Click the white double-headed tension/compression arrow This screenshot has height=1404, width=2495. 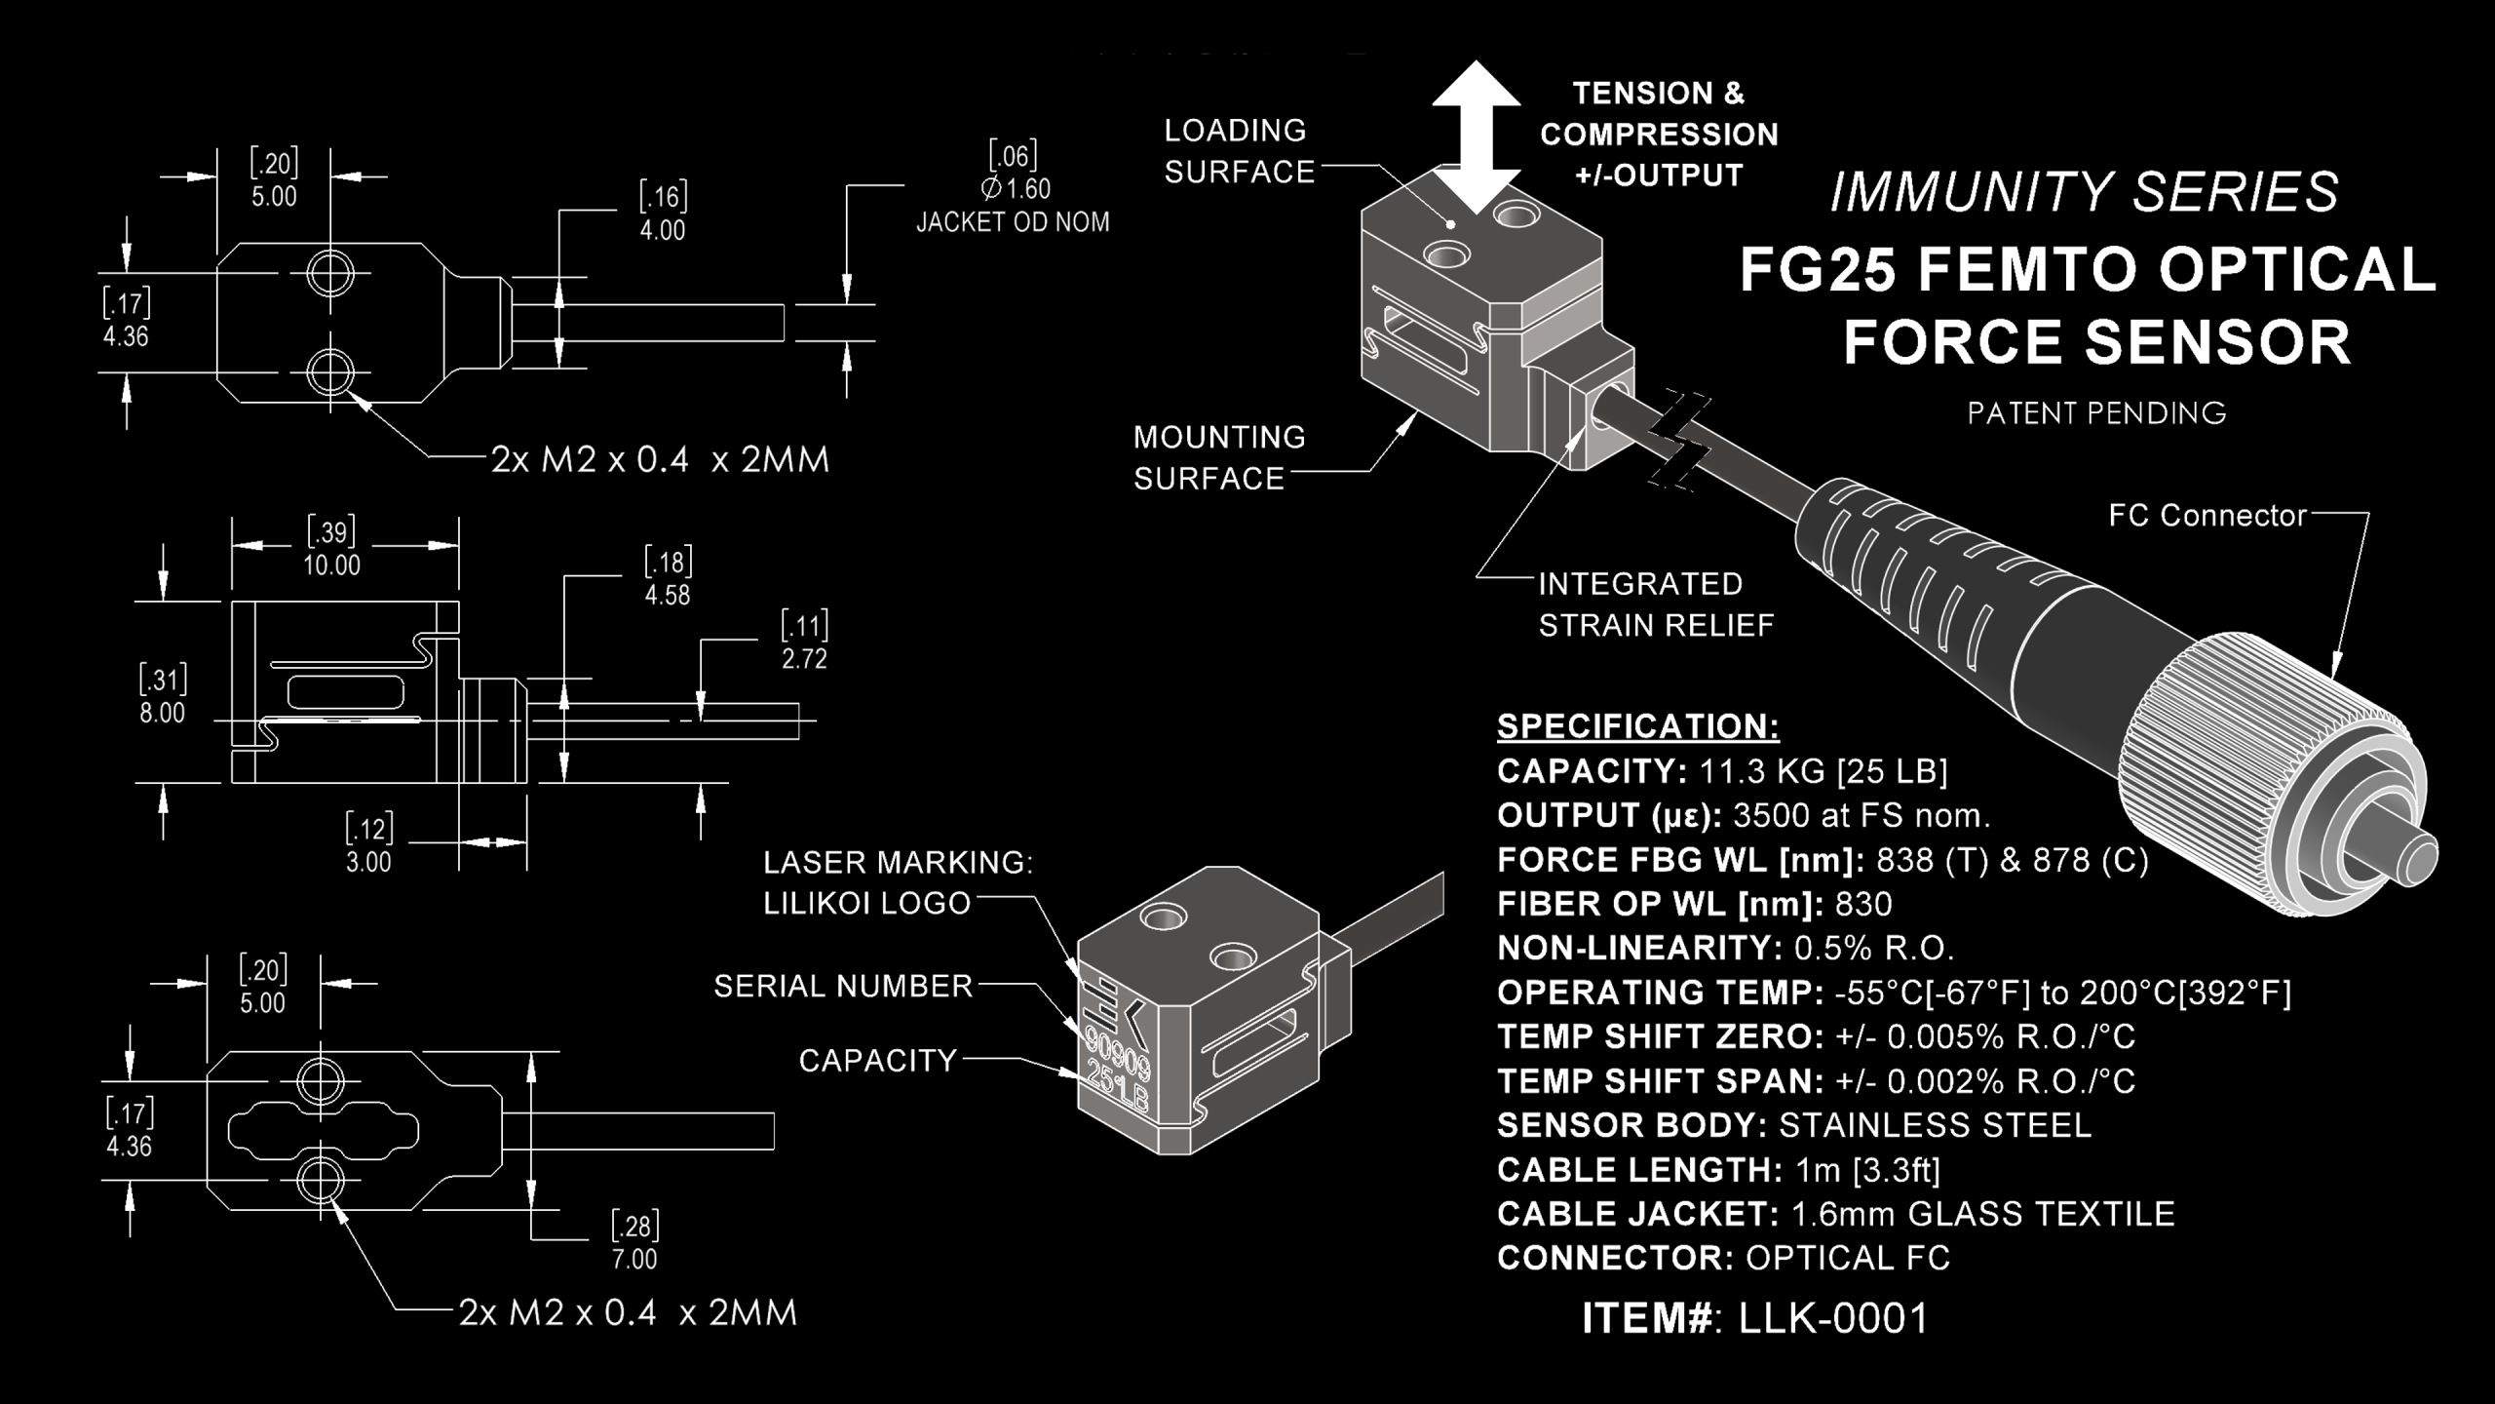pos(1477,136)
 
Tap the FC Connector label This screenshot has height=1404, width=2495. pos(2207,516)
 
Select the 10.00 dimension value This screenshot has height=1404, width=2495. pos(331,565)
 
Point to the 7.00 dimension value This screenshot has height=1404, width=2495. pos(634,1259)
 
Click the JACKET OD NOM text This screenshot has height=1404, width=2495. pos(1013,222)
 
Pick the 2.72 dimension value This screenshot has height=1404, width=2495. pos(804,659)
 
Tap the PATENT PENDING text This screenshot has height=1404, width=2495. pos(2097,413)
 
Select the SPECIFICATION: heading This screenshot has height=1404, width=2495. pos(1638,726)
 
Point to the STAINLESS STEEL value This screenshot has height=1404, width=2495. pos(1936,1125)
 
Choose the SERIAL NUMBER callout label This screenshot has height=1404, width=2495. pos(844,987)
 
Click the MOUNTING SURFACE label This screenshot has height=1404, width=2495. pos(1219,457)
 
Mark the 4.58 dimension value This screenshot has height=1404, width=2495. pos(668,596)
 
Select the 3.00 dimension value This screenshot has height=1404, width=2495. pos(368,862)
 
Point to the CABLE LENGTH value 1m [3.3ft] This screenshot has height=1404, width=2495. pos(1862,1169)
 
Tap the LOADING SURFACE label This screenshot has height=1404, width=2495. pos(1240,151)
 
